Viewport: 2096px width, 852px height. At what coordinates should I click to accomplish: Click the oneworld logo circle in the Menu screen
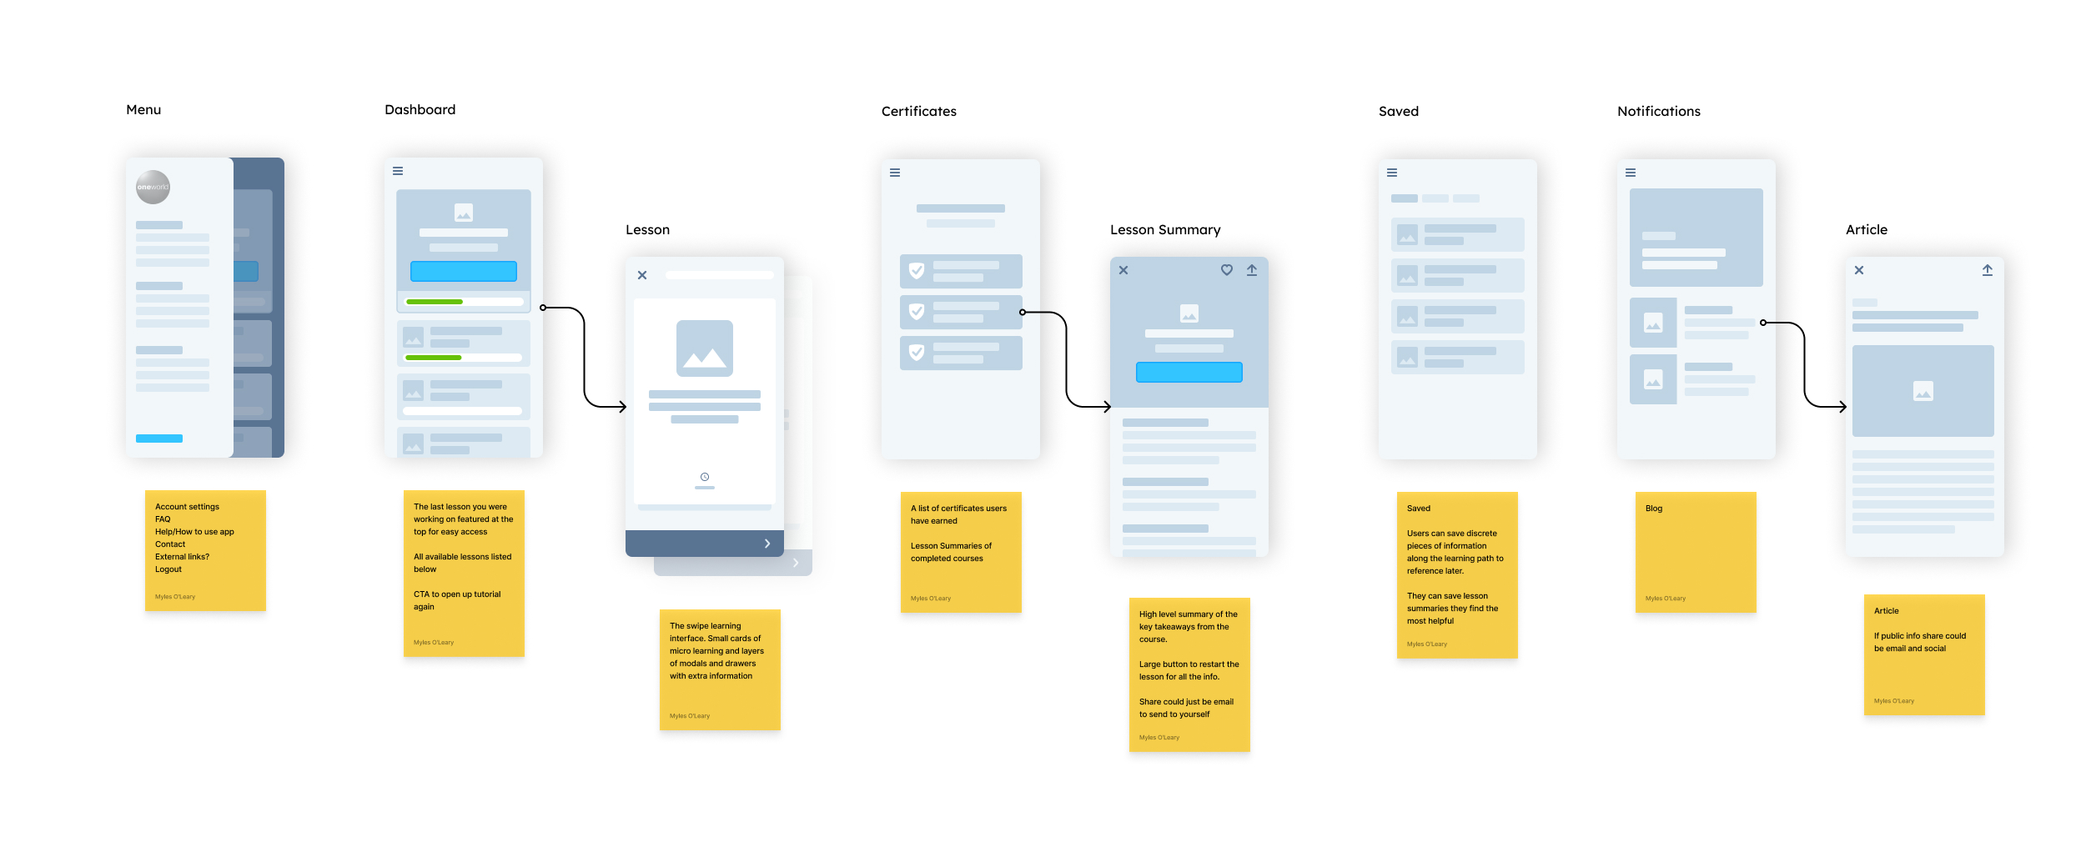[x=153, y=187]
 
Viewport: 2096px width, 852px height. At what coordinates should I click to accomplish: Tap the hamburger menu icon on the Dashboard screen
[x=398, y=171]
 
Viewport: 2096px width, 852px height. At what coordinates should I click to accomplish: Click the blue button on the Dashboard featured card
[x=463, y=271]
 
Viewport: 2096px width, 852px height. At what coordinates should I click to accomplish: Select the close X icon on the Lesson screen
[x=642, y=275]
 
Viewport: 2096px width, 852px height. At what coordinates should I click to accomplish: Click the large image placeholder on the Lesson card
[x=705, y=348]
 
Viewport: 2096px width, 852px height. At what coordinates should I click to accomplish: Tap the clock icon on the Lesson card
[x=705, y=477]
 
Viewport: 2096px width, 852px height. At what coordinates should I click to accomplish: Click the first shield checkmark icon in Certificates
[x=917, y=271]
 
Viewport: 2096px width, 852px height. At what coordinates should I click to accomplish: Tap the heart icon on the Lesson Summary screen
[x=1227, y=270]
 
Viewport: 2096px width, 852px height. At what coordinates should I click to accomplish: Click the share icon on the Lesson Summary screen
[x=1252, y=270]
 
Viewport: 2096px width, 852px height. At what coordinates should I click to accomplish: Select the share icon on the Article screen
[x=1988, y=270]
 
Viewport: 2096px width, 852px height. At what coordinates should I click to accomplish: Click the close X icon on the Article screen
[x=1859, y=270]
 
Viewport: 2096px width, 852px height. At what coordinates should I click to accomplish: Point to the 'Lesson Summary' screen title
[x=1165, y=230]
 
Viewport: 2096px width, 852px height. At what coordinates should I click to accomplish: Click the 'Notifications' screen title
[x=1658, y=112]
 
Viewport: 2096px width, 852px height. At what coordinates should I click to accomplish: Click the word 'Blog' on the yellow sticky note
[x=1654, y=509]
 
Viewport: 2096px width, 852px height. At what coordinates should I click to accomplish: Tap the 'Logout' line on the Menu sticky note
[x=168, y=569]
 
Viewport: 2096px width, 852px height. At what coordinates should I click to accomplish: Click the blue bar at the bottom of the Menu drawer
[x=159, y=439]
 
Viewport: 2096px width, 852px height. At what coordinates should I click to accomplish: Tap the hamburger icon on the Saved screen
[x=1392, y=173]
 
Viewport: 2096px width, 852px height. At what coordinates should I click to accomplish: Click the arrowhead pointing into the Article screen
[x=1842, y=407]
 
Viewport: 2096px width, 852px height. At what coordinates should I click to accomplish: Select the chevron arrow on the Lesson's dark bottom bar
[x=767, y=544]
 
